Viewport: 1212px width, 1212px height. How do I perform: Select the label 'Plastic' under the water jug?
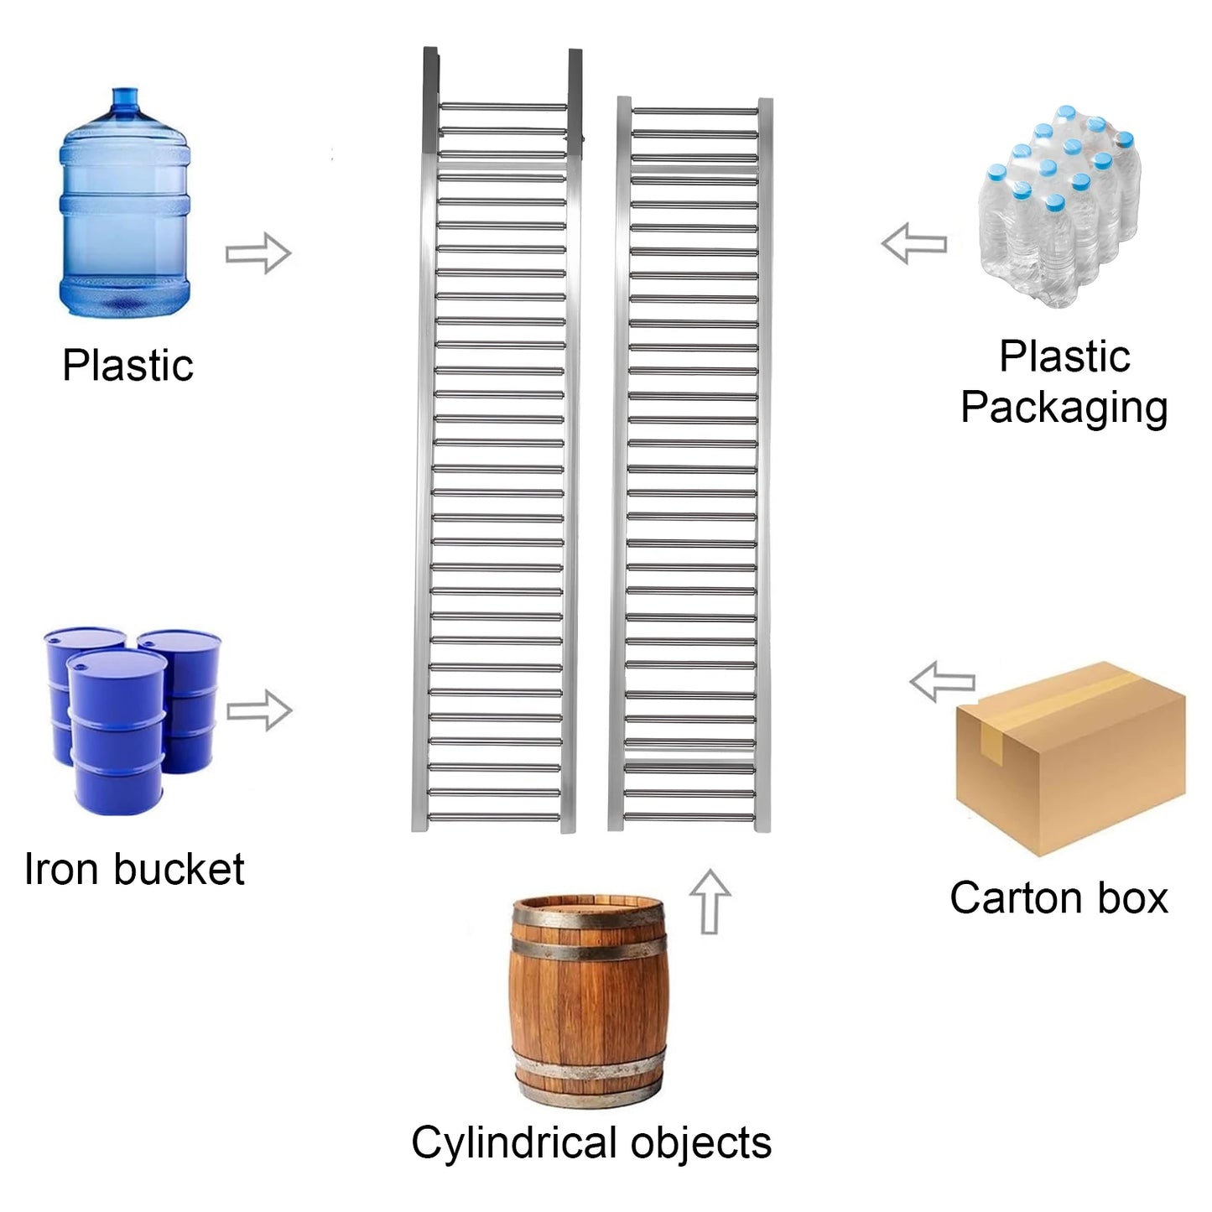click(127, 365)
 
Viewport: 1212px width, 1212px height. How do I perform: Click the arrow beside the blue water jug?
click(258, 252)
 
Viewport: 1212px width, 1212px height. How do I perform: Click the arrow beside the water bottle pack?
click(914, 242)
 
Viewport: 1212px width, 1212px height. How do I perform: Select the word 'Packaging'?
click(1064, 408)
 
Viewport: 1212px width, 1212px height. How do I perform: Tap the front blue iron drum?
click(117, 733)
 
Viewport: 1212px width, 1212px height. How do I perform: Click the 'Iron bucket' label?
click(134, 869)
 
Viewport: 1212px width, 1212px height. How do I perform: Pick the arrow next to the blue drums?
click(259, 710)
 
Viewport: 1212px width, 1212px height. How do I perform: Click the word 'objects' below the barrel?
click(700, 1142)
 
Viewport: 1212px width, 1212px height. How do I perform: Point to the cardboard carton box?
click(1070, 758)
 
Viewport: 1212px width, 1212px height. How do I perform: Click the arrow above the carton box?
click(942, 682)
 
